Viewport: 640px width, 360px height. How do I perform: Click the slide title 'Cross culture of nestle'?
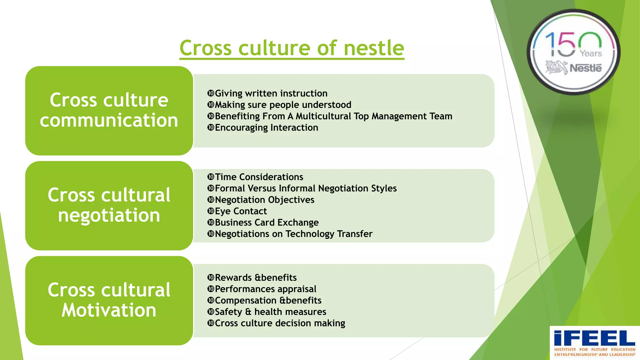(x=292, y=48)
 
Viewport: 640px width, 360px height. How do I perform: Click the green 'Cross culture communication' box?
(x=109, y=110)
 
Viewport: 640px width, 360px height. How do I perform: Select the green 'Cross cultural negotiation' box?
(x=109, y=205)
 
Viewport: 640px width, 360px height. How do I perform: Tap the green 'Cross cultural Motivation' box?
(x=109, y=300)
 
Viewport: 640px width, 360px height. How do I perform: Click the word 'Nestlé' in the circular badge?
(x=585, y=68)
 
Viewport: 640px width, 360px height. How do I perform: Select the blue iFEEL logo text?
(x=594, y=338)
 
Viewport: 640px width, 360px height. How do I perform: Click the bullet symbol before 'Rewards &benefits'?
(x=211, y=277)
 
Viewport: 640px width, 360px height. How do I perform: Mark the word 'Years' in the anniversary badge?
(x=591, y=54)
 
